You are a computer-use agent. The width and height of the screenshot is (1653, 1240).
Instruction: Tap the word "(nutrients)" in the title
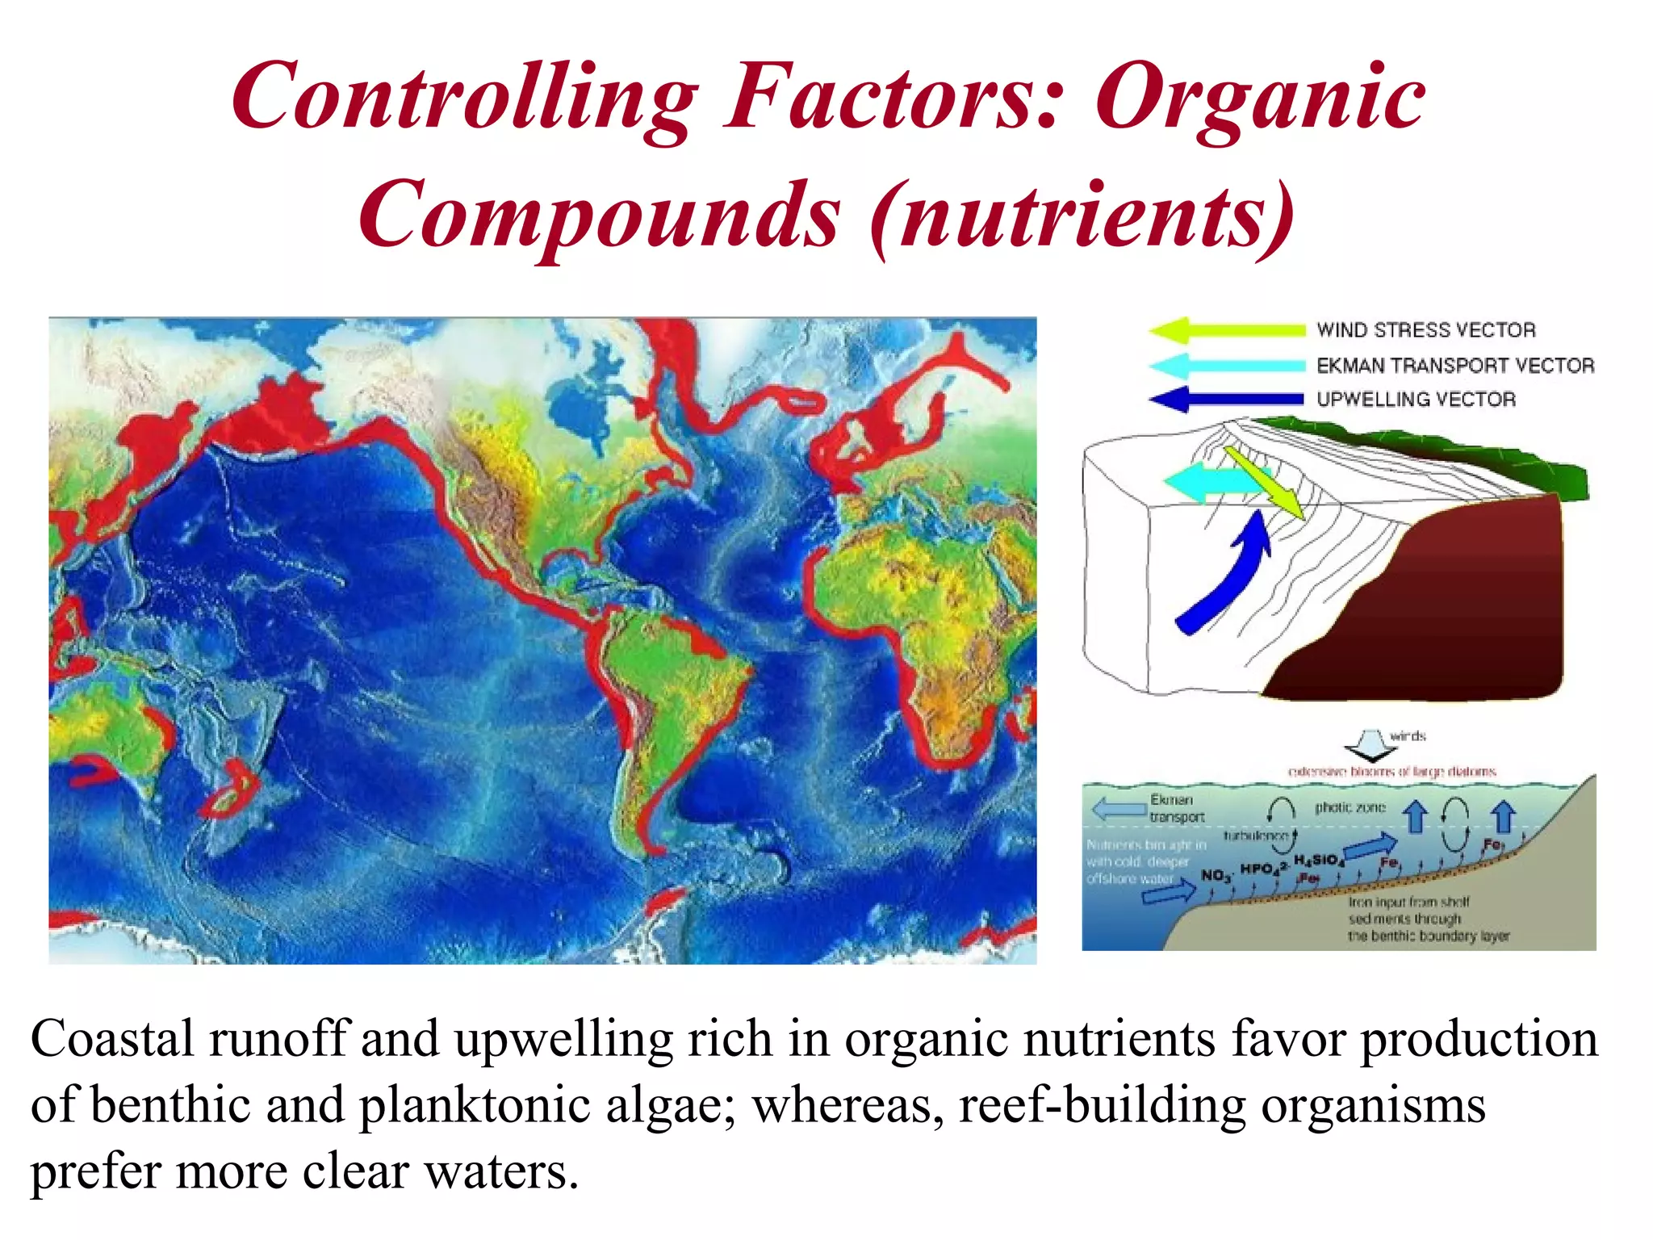pos(1082,216)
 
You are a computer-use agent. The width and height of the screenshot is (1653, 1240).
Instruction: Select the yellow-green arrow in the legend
pos(1227,330)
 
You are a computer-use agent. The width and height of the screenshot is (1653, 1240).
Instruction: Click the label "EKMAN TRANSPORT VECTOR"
pos(1455,366)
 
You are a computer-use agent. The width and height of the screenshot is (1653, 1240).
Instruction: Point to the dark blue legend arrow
pos(1227,399)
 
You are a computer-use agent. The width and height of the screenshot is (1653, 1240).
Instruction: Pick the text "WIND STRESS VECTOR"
pos(1426,330)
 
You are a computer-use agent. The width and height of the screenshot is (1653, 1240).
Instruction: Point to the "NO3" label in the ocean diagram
pos(1215,876)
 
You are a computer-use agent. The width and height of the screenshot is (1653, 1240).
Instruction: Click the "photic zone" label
pos(1350,807)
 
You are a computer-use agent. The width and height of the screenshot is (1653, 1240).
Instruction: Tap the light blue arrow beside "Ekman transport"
pos(1119,809)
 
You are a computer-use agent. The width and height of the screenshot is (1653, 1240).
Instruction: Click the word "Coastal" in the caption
pos(112,1040)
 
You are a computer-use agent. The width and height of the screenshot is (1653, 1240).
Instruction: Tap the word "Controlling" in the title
pos(465,98)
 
